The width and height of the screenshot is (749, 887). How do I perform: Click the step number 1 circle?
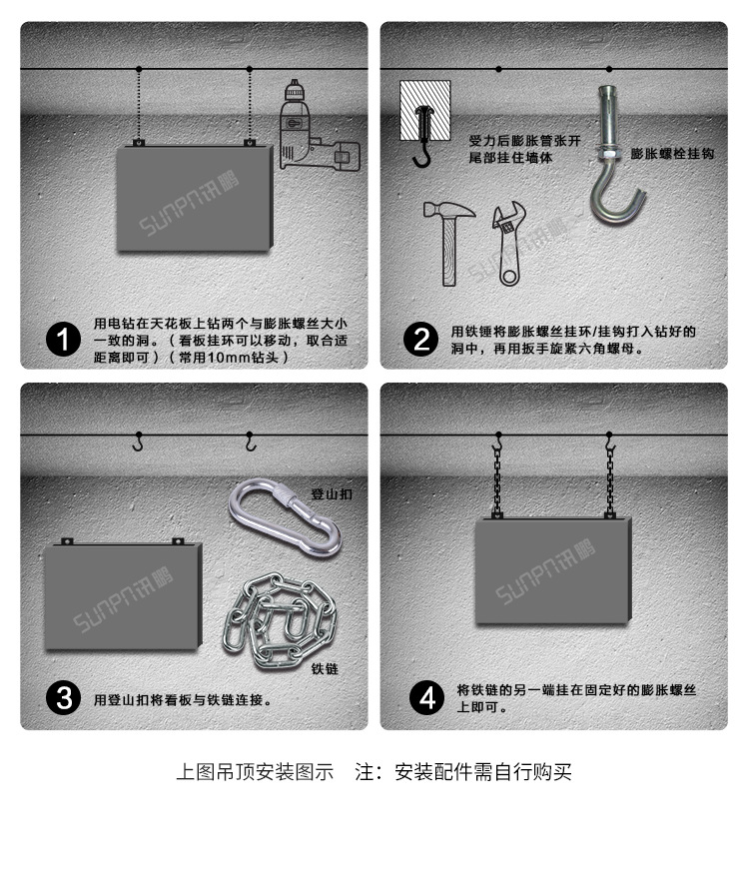pyautogui.click(x=65, y=340)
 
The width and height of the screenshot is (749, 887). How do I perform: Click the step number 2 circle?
pyautogui.click(x=421, y=340)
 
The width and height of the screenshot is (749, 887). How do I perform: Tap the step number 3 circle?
pyautogui.click(x=65, y=698)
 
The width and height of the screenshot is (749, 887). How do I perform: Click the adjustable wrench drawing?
pyautogui.click(x=508, y=245)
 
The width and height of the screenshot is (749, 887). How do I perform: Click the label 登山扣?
pyautogui.click(x=332, y=493)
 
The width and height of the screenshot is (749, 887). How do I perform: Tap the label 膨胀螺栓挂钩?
pyautogui.click(x=672, y=154)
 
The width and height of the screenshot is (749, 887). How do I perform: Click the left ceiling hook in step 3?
pyautogui.click(x=138, y=443)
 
